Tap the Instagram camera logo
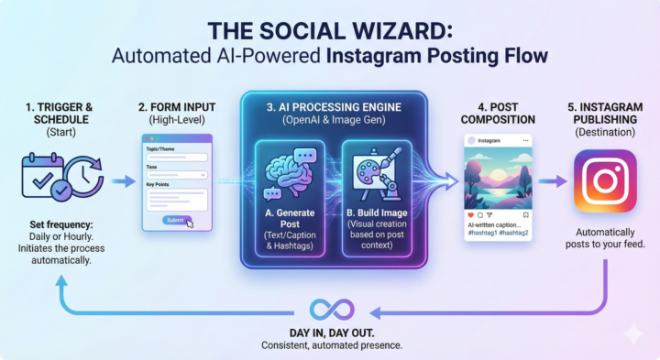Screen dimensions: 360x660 tap(604, 181)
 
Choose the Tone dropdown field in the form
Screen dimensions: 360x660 tap(176, 174)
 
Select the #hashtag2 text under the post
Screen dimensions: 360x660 tap(511, 233)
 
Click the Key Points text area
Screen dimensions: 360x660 tap(176, 199)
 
